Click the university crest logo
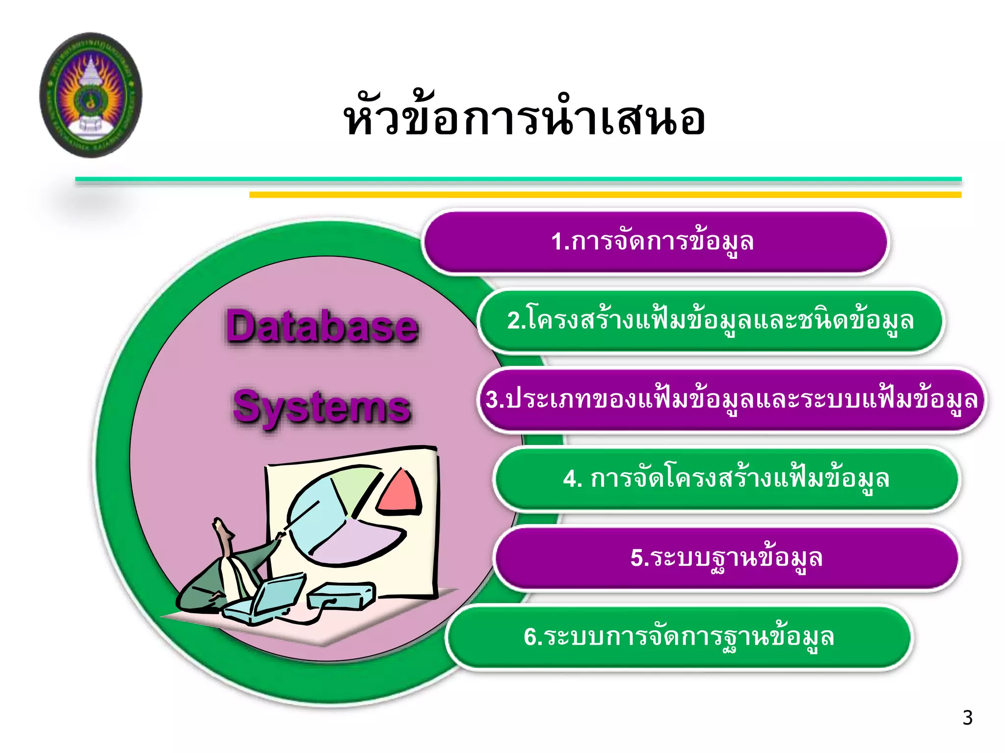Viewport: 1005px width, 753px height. coord(91,95)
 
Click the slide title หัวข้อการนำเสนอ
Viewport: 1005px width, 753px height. coord(524,119)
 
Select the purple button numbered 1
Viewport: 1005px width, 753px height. coord(655,242)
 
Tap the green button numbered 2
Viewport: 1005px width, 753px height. coord(710,321)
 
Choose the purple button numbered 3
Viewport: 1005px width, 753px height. coord(731,400)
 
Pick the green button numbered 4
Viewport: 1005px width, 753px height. coord(726,479)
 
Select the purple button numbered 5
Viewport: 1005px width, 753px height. coord(726,558)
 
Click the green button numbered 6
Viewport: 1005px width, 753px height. coord(679,637)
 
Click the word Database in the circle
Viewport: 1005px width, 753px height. coord(322,327)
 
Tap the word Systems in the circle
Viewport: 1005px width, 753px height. coord(322,407)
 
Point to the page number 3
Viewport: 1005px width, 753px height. coord(967,718)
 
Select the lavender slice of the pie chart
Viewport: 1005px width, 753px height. coord(358,542)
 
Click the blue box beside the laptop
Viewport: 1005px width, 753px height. coord(341,596)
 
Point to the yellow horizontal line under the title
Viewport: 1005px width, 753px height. coord(605,195)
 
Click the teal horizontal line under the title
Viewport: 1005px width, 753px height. coord(518,179)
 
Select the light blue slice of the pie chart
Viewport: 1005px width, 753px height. coord(314,520)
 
